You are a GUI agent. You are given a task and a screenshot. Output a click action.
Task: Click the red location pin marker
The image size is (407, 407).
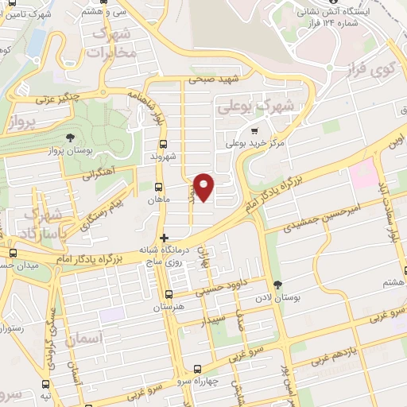[204, 187]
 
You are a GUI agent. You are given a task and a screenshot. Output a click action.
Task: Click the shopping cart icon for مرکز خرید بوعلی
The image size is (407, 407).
[254, 131]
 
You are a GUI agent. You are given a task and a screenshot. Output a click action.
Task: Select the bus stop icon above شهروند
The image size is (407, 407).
[163, 144]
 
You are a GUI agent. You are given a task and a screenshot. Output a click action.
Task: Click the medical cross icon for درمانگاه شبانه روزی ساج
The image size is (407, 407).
[164, 237]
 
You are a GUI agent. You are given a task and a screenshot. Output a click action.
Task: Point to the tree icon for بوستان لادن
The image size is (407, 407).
[277, 285]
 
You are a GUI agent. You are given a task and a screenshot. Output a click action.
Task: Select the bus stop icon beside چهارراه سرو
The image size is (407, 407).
[198, 369]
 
